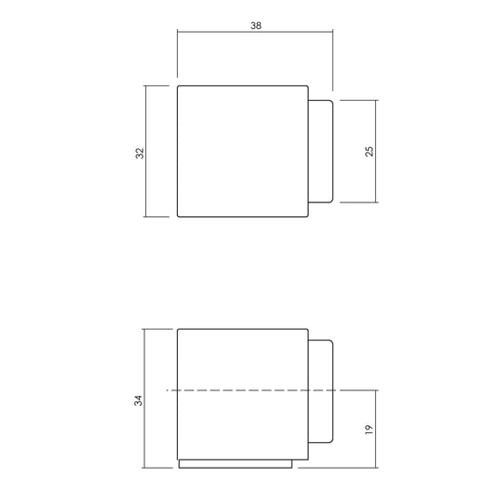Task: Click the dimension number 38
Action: tap(256, 25)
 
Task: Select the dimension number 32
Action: tap(140, 153)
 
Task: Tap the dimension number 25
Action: tap(370, 152)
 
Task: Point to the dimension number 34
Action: tap(138, 400)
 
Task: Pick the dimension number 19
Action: tap(369, 430)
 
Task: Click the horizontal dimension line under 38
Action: tap(255, 32)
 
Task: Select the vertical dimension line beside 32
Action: tap(145, 152)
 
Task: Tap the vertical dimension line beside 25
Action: tap(376, 152)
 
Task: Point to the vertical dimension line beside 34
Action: tap(144, 399)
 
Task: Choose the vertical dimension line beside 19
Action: tap(376, 429)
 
